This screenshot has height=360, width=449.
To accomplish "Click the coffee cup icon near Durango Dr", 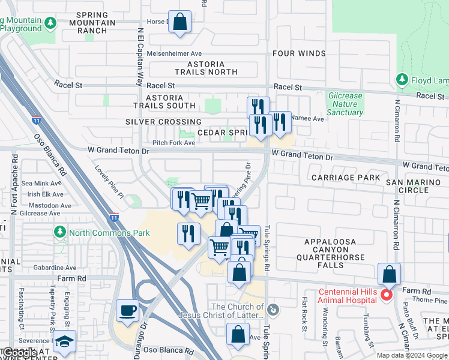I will tap(128, 310).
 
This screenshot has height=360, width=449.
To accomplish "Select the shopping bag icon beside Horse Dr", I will tap(179, 22).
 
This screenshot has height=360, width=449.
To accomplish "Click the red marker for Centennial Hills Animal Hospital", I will tap(387, 295).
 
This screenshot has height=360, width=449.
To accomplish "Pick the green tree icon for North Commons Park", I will tap(59, 232).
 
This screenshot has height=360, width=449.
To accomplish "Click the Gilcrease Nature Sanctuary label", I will tap(345, 104).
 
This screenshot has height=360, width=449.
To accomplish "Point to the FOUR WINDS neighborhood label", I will tap(299, 53).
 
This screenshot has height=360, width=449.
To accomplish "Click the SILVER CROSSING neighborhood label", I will tap(163, 122).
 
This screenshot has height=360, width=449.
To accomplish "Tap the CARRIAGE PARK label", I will tap(346, 178).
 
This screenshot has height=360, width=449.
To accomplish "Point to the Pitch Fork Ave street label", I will tap(173, 143).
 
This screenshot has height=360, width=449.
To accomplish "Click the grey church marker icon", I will tap(273, 310).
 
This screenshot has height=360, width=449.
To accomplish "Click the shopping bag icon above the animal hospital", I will tap(390, 274).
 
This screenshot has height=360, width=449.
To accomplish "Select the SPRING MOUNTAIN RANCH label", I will tap(92, 23).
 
